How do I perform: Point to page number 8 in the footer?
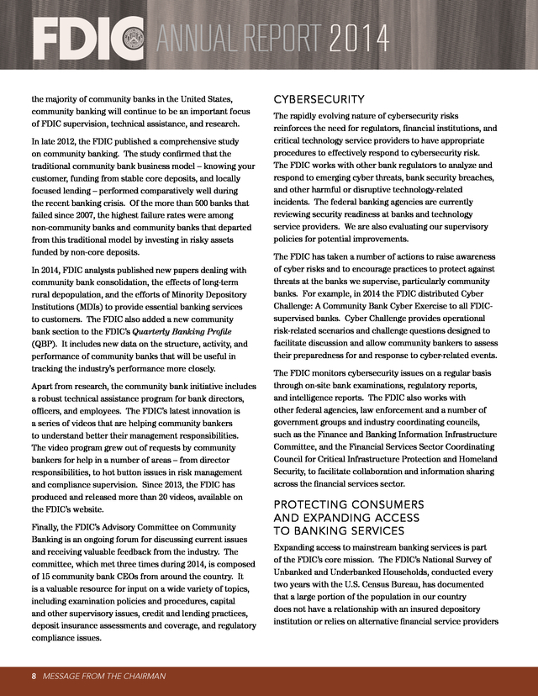click(x=34, y=676)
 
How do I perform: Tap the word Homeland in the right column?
click(x=474, y=460)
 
